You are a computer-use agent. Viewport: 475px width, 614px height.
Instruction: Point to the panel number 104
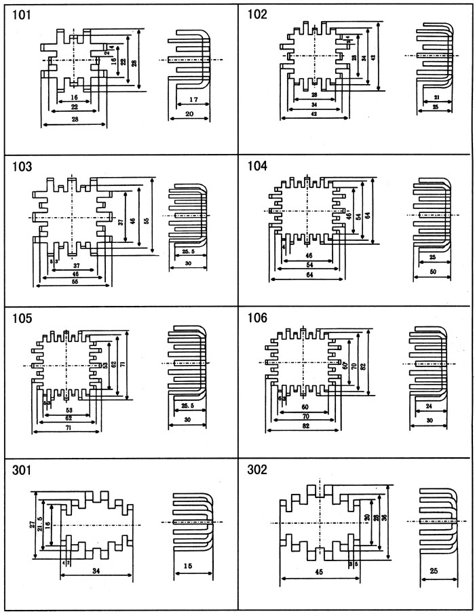[x=259, y=166]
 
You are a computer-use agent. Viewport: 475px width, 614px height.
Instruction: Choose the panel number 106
[x=259, y=318]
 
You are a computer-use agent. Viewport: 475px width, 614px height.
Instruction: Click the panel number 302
[x=259, y=469]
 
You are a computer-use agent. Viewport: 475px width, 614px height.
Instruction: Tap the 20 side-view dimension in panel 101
[x=190, y=116]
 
